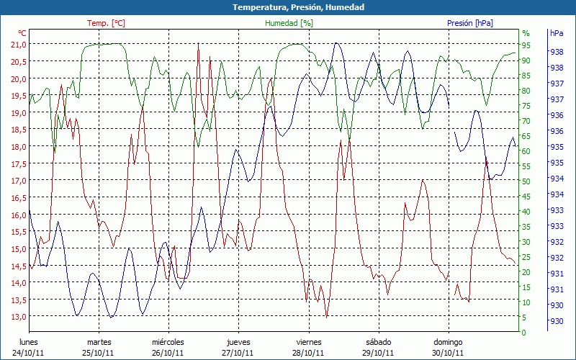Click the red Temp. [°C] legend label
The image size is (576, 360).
106,23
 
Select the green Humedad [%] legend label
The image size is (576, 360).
289,23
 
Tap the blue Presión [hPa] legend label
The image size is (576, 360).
470,23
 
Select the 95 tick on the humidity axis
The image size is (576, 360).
526,45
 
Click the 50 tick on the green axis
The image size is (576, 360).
526,181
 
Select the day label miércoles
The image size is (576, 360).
168,342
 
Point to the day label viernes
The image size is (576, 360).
309,342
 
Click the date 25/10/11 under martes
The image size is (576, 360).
99,353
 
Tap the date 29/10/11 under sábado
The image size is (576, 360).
379,353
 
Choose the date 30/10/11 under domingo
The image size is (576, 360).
449,353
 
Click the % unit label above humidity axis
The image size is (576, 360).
526,33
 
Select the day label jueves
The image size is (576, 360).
238,342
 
